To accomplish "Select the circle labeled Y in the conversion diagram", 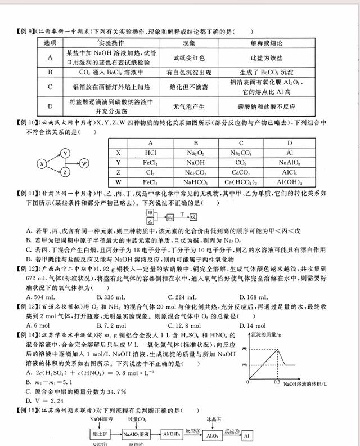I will pos(65,153).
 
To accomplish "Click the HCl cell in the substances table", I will pos(150,153).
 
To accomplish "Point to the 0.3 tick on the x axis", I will pos(276,382).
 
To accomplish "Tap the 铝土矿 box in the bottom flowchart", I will pos(99,434).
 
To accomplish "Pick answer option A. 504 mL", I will pos(40,297).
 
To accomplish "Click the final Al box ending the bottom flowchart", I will pos(247,434).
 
